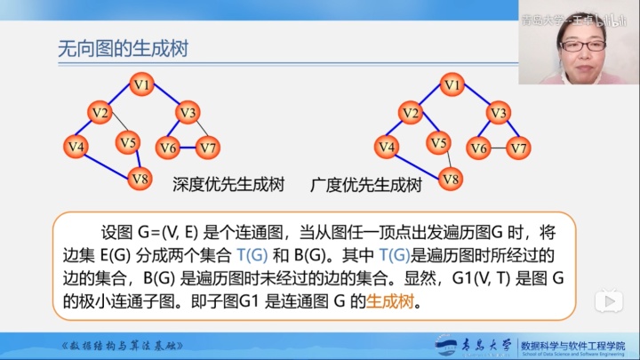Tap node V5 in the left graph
coord(128,142)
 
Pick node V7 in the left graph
coord(209,147)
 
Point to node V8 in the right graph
coord(451,179)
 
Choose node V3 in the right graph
coord(498,113)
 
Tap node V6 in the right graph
coord(479,147)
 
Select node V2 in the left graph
coord(99,113)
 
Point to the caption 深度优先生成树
coord(228,186)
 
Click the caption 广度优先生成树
coord(365,186)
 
